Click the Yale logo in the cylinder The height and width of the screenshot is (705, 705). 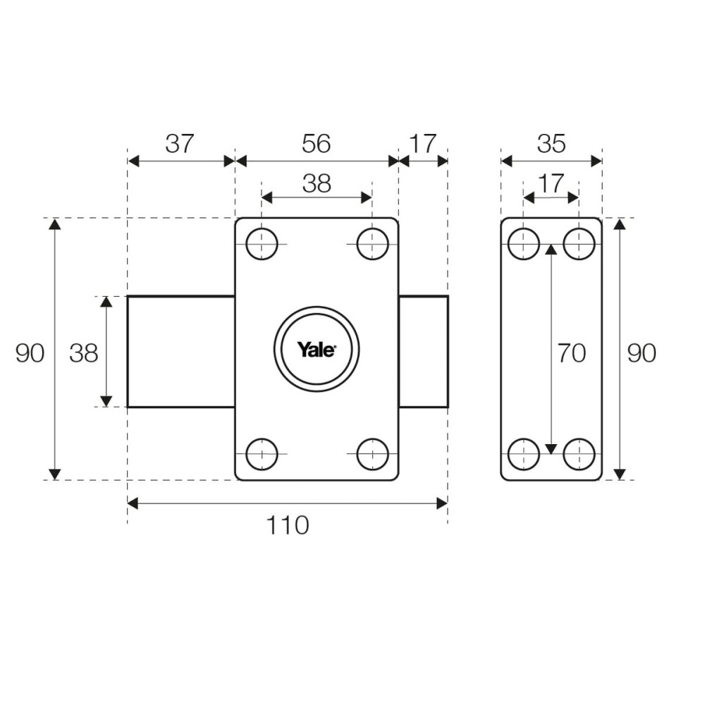[x=317, y=349]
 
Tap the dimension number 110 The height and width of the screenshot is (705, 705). [x=288, y=525]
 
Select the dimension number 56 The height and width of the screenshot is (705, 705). [x=316, y=143]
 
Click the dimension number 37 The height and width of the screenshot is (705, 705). [x=180, y=143]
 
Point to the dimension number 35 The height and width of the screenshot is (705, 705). [x=551, y=143]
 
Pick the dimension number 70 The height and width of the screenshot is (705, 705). [x=571, y=352]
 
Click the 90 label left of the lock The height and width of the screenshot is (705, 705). [x=30, y=353]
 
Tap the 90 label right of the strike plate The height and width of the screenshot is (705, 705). [x=642, y=352]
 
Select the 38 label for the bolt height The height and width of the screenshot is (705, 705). [x=84, y=353]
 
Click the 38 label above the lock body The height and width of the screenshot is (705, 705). [x=316, y=183]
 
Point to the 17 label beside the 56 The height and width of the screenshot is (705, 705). [x=423, y=143]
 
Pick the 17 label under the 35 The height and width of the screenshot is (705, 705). [x=551, y=183]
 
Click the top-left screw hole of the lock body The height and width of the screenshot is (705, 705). [x=262, y=244]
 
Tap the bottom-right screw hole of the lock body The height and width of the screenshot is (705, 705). [x=372, y=454]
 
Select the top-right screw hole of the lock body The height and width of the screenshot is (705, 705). [x=372, y=244]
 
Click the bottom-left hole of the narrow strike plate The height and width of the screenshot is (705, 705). [x=524, y=454]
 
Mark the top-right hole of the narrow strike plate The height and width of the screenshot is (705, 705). [x=580, y=244]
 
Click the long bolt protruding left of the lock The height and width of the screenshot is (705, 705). [x=181, y=351]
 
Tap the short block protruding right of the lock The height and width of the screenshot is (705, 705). [x=423, y=351]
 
